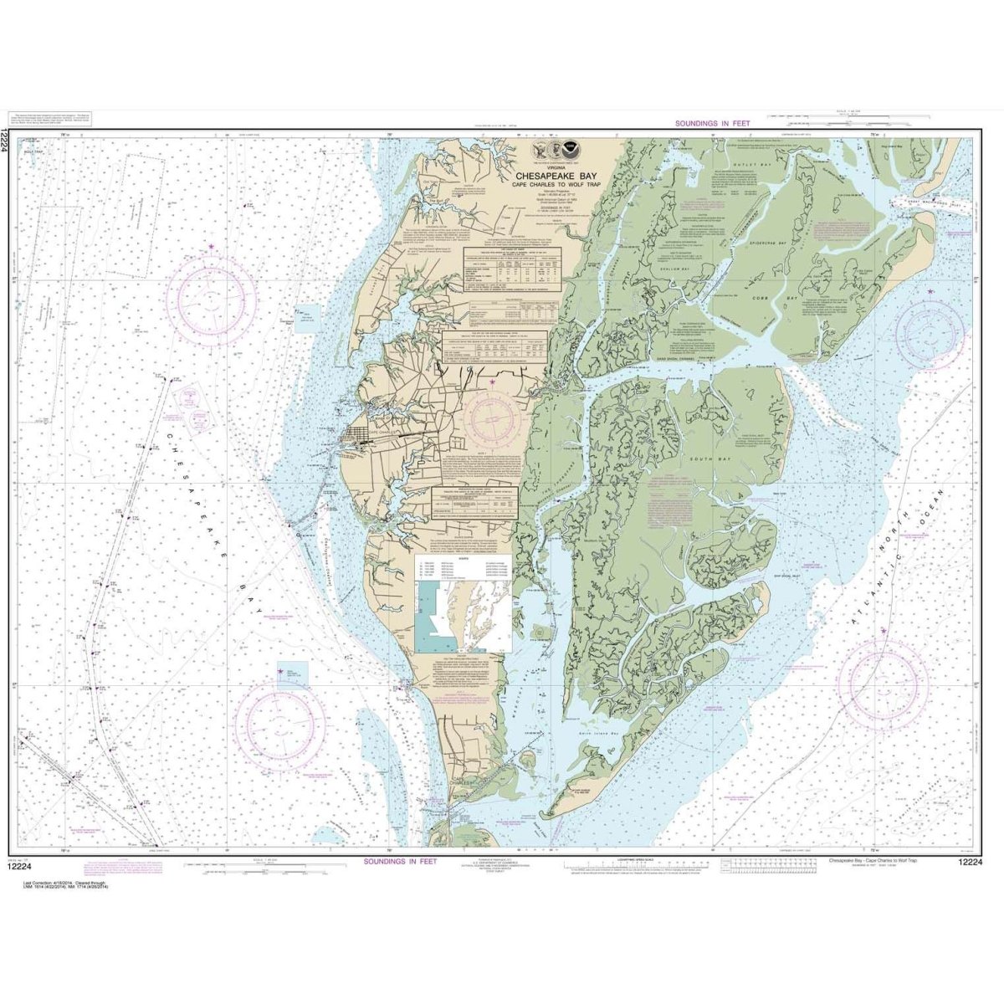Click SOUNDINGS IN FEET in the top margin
pyautogui.click(x=713, y=124)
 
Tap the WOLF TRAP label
pyautogui.click(x=33, y=151)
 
